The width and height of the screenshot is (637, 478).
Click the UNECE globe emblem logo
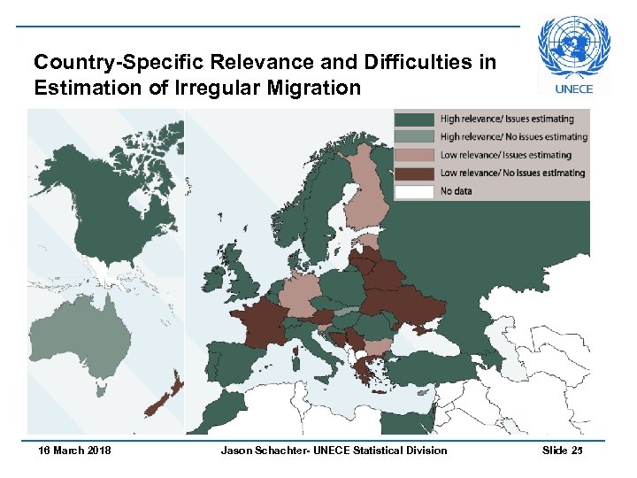(x=574, y=49)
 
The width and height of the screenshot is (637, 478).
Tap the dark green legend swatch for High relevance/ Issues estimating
(x=414, y=119)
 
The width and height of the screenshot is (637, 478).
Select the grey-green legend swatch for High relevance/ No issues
(x=414, y=136)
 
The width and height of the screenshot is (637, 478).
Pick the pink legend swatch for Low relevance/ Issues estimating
(x=414, y=155)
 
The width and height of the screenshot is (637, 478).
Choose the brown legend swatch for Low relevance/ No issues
(x=414, y=173)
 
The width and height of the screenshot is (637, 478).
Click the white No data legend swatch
(x=414, y=190)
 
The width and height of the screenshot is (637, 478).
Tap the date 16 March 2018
(x=75, y=451)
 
